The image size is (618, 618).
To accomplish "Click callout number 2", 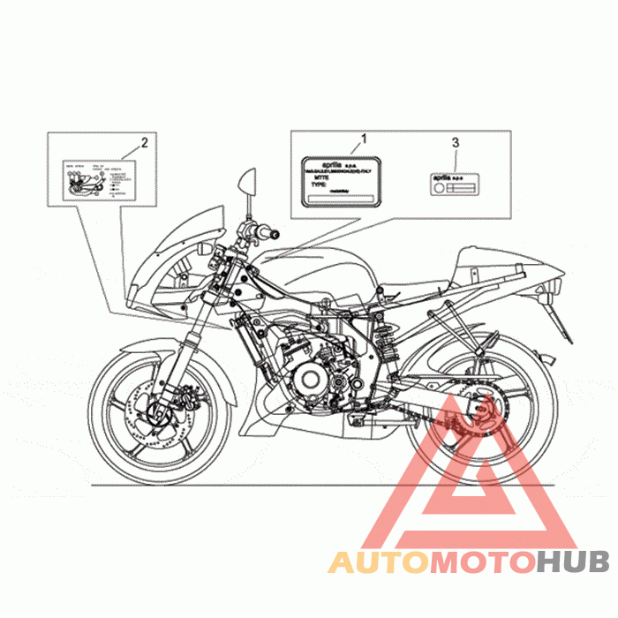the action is click(144, 141).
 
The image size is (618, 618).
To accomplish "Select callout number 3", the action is click(456, 141).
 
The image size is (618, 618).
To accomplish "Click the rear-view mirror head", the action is click(246, 183).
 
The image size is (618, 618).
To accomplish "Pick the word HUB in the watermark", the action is click(571, 561).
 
